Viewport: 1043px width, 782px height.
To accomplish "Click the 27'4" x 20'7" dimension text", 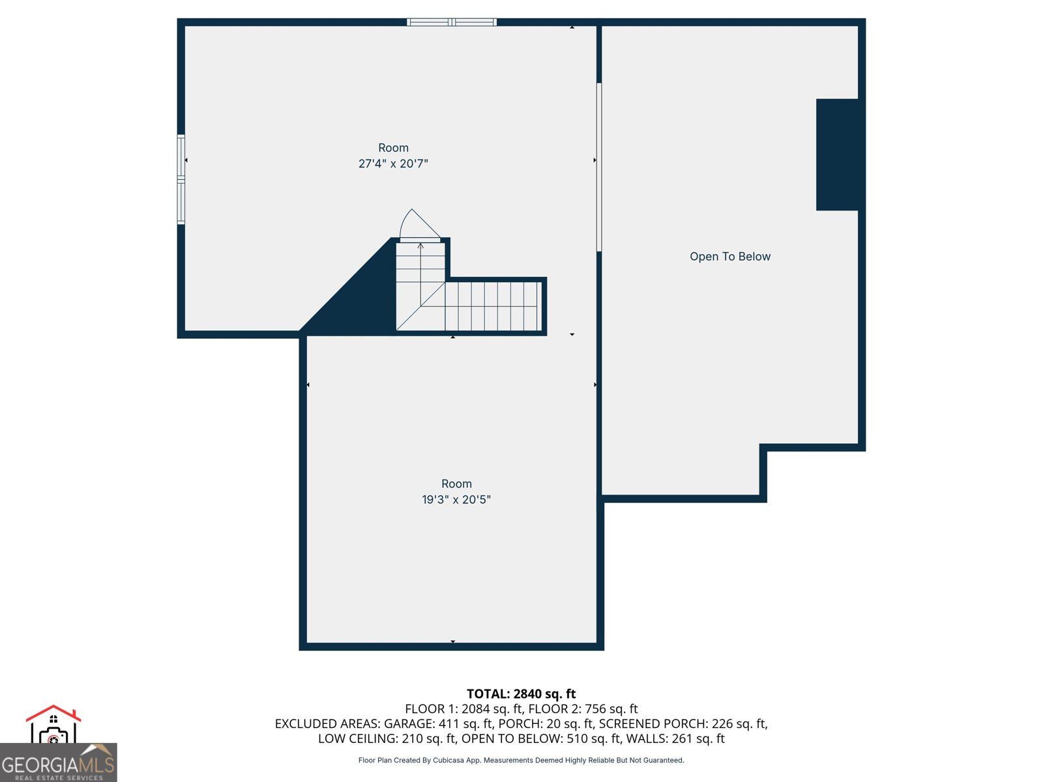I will (393, 164).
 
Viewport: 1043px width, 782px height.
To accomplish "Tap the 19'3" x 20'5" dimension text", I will (456, 500).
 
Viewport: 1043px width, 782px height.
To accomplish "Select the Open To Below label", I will (730, 257).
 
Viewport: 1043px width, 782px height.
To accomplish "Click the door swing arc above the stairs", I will (417, 224).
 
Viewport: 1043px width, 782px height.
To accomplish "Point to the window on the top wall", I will (452, 22).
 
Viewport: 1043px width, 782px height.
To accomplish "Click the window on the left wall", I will (181, 180).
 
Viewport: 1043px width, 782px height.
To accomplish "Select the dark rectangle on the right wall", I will (838, 154).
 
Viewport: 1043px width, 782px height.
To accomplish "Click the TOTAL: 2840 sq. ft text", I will (521, 694).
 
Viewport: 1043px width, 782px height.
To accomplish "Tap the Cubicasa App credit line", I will (521, 760).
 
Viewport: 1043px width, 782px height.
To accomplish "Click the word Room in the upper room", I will (393, 148).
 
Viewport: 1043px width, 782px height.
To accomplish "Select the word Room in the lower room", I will (456, 484).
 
